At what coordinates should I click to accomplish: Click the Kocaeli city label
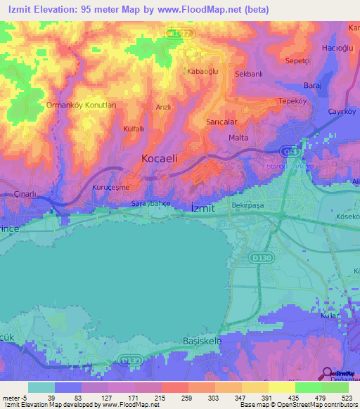[160, 159]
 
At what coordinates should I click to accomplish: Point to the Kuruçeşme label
[112, 188]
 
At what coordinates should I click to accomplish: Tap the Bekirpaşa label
[248, 207]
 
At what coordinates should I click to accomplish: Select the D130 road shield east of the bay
[258, 259]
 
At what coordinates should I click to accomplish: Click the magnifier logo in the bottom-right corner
[326, 374]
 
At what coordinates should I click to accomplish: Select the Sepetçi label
[297, 61]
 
